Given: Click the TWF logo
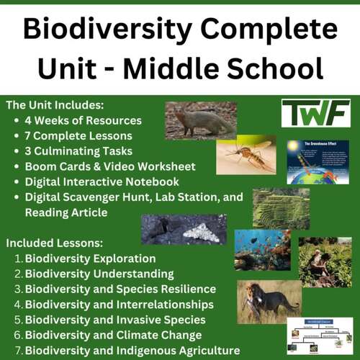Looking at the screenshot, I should pos(315,114).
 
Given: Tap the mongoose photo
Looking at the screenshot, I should pos(200,120).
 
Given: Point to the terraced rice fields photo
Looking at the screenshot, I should pos(281,209).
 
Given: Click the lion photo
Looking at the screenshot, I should pos(269,301).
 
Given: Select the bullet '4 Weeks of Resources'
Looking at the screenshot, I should pos(83,120).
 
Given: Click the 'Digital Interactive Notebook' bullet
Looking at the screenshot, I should pos(102,181).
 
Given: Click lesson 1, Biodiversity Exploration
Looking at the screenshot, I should pos(90,258).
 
